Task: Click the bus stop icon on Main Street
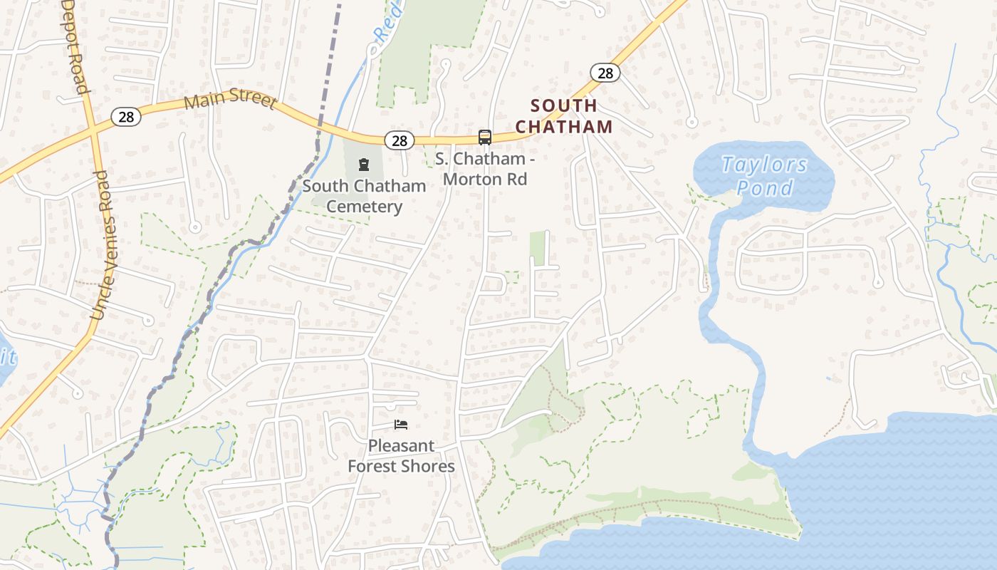485,137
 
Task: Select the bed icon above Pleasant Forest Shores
401,425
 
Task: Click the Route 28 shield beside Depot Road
126,117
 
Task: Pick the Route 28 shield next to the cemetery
400,140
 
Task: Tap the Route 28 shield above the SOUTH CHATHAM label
605,73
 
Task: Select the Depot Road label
74,46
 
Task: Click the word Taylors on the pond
764,165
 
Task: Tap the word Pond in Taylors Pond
764,188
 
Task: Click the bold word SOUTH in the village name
563,106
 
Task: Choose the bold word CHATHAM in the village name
563,127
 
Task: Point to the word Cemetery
364,207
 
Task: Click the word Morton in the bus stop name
471,179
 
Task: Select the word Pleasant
401,446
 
